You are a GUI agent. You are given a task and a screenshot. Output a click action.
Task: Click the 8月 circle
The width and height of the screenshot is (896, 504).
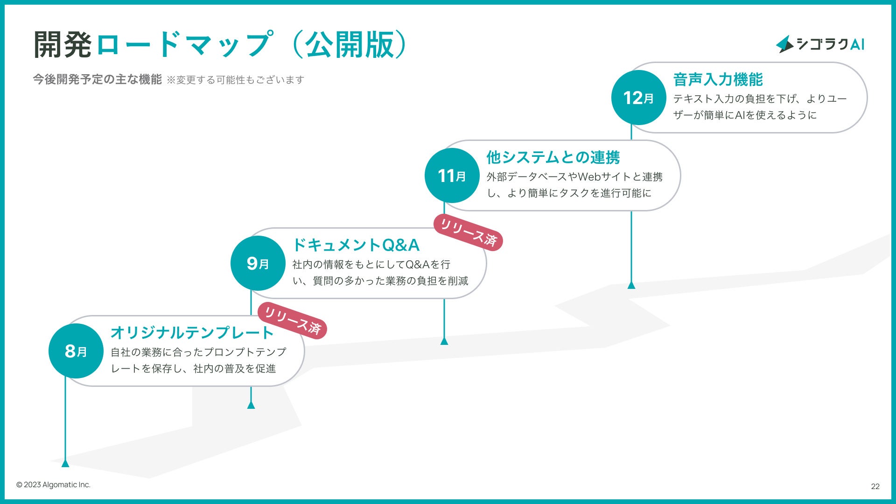[x=76, y=351]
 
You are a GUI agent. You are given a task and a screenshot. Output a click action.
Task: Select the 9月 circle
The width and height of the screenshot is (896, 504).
[x=258, y=263]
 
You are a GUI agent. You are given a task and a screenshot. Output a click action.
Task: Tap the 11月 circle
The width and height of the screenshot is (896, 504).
[x=452, y=175]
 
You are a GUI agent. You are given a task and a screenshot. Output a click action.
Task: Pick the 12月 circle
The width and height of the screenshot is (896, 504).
[x=638, y=98]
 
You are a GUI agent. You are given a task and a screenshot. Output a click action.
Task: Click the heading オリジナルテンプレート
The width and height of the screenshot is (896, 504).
[x=192, y=333]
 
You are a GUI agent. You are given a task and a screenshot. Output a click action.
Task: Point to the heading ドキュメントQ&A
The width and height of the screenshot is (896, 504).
[x=356, y=245]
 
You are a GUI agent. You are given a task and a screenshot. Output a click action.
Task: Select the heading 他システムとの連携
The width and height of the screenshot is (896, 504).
[x=553, y=157]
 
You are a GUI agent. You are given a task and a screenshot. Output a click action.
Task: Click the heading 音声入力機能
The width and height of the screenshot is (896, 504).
[x=718, y=79]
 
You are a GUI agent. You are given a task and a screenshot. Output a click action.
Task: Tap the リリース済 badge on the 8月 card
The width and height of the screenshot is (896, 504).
[x=293, y=321]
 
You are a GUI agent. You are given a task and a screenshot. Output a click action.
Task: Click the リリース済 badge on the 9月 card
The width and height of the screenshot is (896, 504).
[x=468, y=232]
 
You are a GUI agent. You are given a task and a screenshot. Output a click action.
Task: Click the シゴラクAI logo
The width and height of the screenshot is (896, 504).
[x=820, y=44]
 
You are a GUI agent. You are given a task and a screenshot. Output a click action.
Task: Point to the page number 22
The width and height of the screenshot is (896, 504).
[x=875, y=486]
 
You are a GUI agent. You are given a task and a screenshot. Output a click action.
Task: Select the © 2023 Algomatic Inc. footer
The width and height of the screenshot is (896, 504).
[x=53, y=485]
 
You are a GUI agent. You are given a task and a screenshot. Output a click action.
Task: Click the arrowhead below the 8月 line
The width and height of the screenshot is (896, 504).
[x=65, y=463]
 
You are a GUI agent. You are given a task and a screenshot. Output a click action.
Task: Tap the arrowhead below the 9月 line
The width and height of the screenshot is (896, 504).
[x=251, y=405]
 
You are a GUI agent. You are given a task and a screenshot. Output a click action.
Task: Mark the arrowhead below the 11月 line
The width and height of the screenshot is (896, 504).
[x=444, y=341]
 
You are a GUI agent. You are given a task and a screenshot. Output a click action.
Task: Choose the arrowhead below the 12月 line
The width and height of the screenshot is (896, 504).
[x=631, y=285]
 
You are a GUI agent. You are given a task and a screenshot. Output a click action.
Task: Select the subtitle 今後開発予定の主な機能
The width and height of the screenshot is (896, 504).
[x=97, y=79]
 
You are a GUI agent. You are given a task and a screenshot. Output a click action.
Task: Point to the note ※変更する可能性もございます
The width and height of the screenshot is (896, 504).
[x=235, y=80]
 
